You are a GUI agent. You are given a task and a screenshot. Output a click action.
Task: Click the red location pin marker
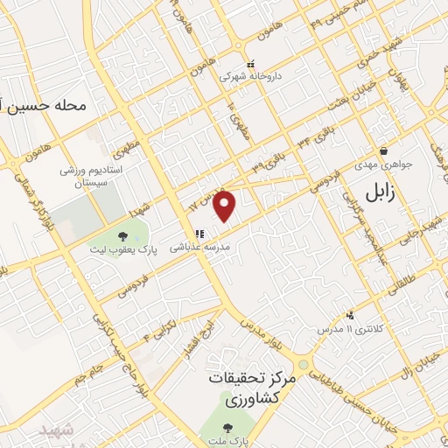226,206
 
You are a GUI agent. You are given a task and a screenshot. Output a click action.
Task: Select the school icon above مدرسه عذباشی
200,234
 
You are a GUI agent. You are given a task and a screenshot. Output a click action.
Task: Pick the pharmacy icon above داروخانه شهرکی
251,64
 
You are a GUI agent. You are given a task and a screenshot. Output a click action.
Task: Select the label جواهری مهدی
384,164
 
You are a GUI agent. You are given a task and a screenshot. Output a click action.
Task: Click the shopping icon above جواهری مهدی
384,150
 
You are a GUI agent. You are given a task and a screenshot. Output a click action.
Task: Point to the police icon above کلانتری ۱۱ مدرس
351,315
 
